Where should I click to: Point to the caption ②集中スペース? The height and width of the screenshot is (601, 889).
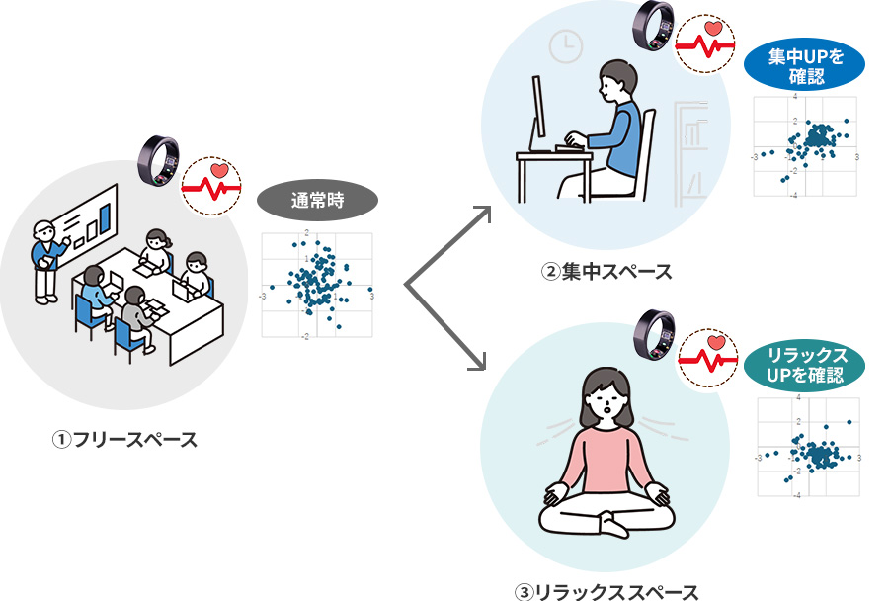[x=606, y=271]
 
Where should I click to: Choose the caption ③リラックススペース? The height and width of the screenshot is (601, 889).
[x=606, y=591]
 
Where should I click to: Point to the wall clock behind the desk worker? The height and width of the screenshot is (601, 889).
[x=566, y=44]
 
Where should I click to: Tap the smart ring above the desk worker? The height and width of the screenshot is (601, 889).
[x=654, y=23]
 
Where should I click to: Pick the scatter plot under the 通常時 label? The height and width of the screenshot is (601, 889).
[x=317, y=286]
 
